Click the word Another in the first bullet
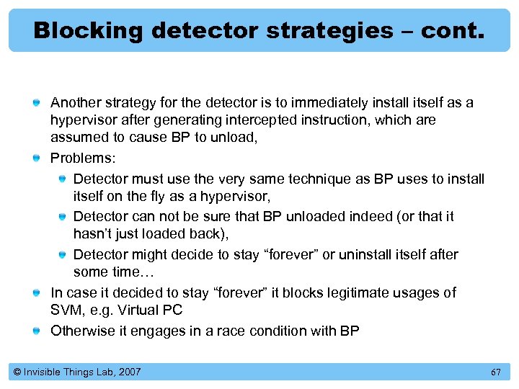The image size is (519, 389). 75,102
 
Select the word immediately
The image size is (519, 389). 321,102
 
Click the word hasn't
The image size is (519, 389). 92,234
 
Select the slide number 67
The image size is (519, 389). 495,372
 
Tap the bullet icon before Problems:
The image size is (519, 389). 36,157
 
